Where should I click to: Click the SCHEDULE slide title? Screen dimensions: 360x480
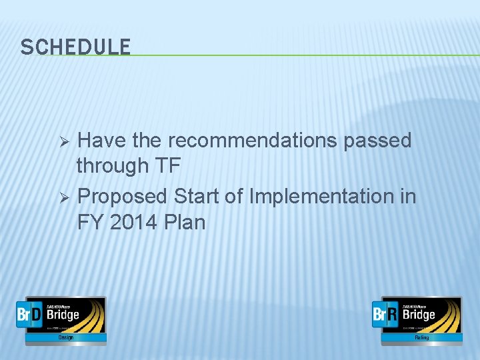click(75, 47)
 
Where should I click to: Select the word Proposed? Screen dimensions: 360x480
click(122, 197)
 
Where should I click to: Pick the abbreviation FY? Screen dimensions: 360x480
click(90, 221)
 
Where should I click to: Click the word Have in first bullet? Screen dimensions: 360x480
click(102, 141)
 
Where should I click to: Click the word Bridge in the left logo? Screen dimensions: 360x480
click(63, 314)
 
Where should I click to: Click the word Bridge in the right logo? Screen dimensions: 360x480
click(419, 314)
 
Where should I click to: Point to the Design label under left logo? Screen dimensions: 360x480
click(65, 338)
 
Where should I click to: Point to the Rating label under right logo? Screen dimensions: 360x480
click(421, 338)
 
